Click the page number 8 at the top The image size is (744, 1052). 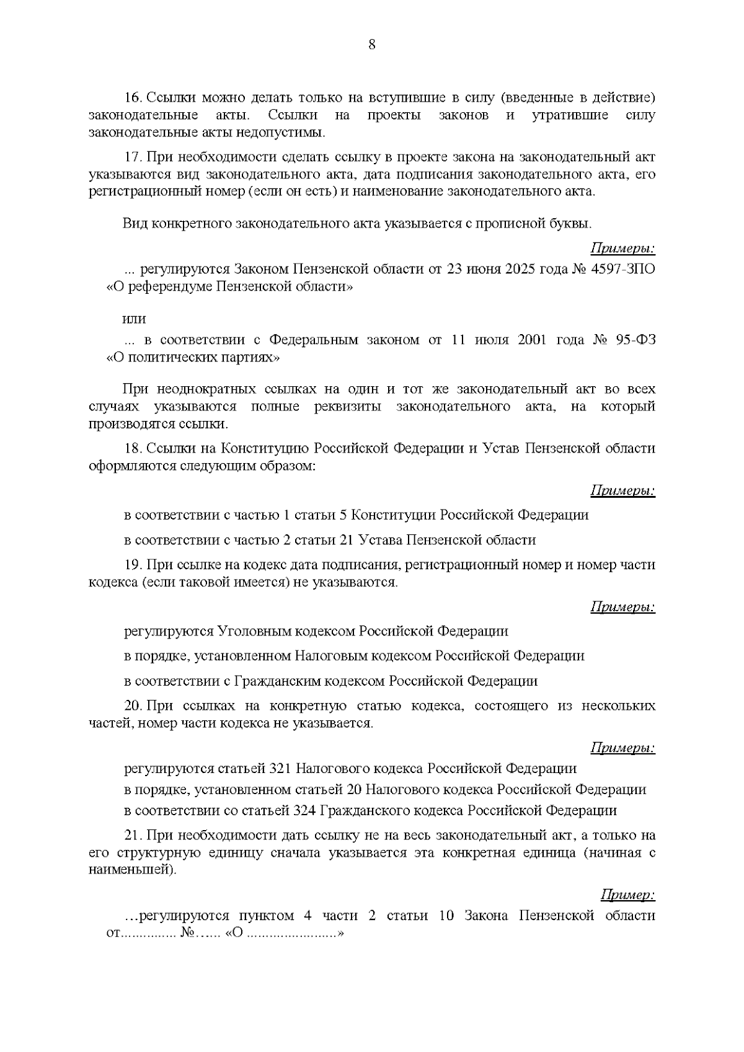tap(372, 45)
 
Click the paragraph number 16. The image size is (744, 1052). tap(133, 99)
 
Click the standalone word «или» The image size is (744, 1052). tap(134, 319)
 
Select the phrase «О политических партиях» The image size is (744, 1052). tap(193, 358)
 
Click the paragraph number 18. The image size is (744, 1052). tap(133, 448)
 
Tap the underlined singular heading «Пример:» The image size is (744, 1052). tap(628, 895)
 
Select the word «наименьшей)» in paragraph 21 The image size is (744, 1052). tap(133, 870)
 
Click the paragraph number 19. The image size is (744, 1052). tap(133, 565)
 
